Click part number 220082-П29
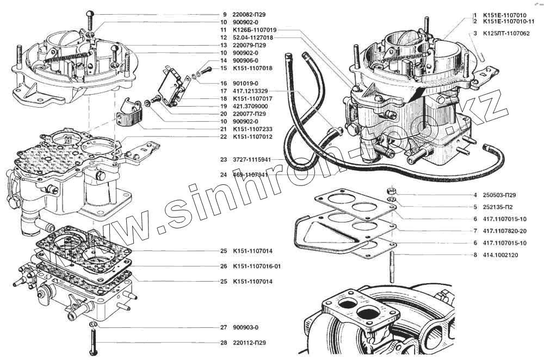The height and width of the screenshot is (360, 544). (x=250, y=14)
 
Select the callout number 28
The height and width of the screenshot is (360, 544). (x=223, y=343)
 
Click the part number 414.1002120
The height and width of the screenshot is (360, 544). (x=502, y=255)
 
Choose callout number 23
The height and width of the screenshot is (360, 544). (x=223, y=160)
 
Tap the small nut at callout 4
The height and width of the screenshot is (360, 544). (x=391, y=191)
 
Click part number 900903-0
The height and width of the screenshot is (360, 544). (x=245, y=327)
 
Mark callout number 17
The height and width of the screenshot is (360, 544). (x=223, y=91)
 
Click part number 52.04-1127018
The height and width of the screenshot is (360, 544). (x=253, y=38)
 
